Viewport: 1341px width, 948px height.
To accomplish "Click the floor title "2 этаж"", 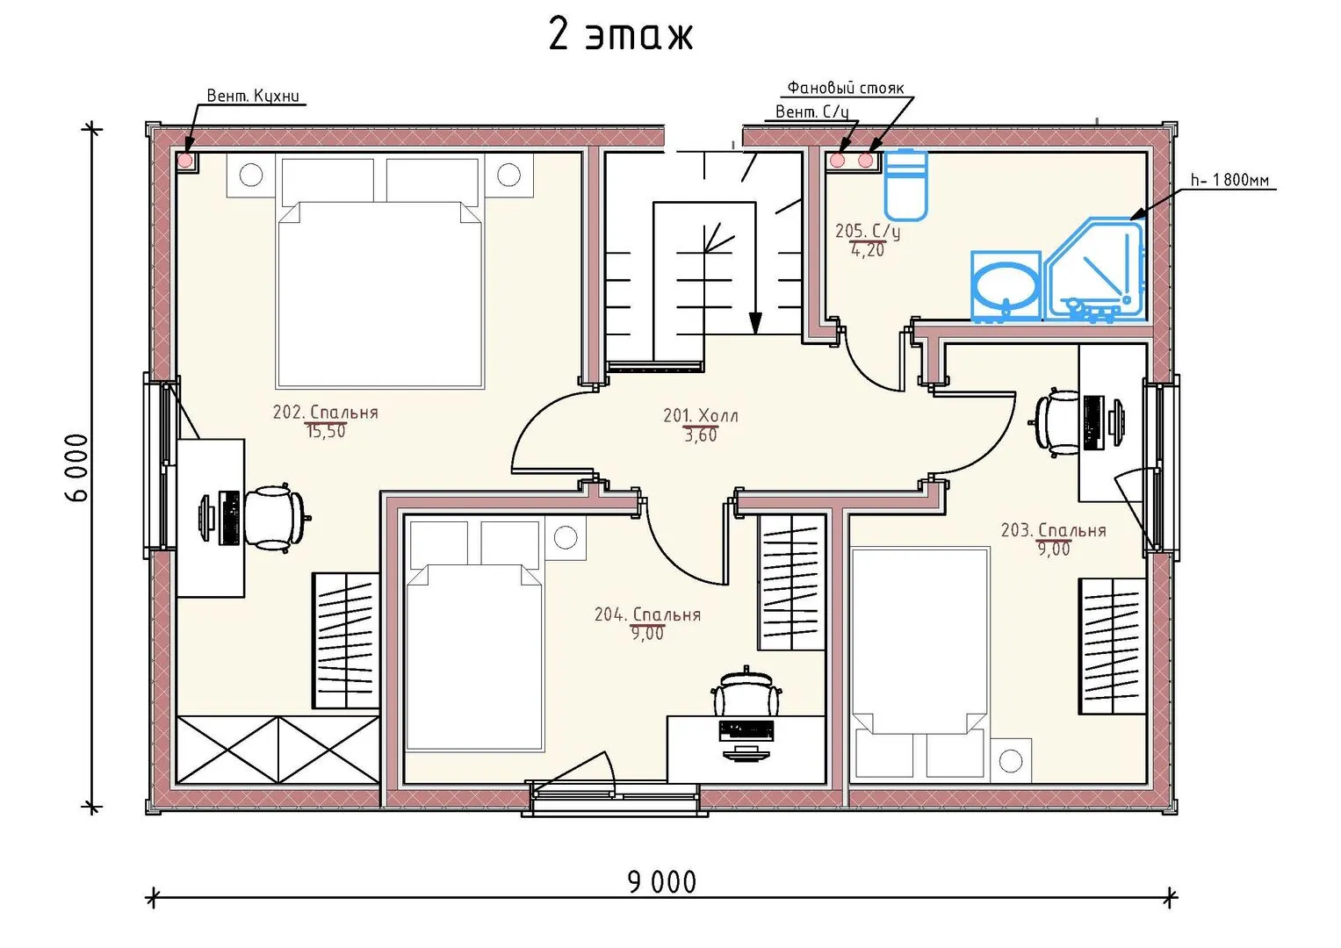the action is [621, 35].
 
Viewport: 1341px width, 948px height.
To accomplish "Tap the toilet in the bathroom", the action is [906, 185].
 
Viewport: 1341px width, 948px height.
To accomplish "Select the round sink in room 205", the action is [1006, 287].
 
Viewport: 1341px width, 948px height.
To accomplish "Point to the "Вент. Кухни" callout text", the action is [253, 96].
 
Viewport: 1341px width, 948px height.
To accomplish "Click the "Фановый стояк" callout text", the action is [845, 88].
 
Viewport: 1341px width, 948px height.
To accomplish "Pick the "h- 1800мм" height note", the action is [1229, 180].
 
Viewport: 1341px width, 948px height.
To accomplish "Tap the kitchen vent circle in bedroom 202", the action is [186, 161].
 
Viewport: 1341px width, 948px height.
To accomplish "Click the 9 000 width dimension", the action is [662, 882].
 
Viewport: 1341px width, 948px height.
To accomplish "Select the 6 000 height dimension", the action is [76, 468].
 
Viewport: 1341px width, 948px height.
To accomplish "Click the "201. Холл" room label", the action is [701, 415].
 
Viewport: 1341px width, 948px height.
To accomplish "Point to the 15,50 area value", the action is [326, 432].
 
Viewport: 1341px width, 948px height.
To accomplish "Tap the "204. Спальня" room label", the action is [647, 614].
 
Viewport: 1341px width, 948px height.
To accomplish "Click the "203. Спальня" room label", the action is [1053, 530].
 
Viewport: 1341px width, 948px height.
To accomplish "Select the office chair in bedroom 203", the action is [1057, 422].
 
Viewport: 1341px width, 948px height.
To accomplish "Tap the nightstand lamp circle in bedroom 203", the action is [1011, 761].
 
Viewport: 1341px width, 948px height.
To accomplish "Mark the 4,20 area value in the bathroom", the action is [868, 250].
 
